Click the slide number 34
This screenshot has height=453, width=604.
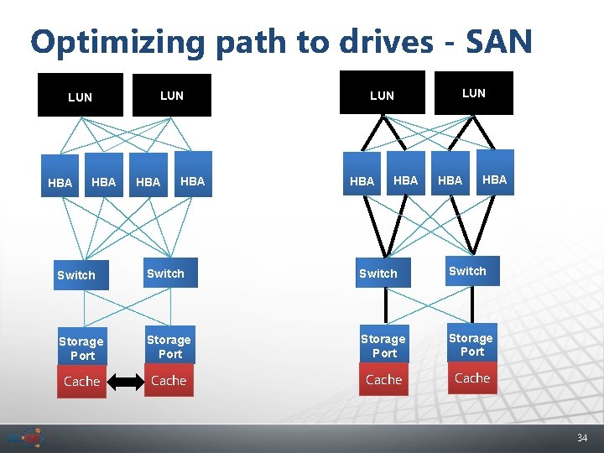[582, 438]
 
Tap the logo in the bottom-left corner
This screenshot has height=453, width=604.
[24, 438]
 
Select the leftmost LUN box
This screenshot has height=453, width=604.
[81, 96]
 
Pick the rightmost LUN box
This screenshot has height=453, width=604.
[474, 93]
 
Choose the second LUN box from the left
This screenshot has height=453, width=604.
[172, 95]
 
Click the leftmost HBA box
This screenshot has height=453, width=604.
[60, 182]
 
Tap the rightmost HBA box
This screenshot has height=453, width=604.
[494, 180]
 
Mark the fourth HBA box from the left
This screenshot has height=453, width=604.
[192, 180]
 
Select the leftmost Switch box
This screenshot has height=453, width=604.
[76, 275]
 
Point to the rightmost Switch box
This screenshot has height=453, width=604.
[467, 271]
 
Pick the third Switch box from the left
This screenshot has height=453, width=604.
[378, 273]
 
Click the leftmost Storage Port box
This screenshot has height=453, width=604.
[81, 348]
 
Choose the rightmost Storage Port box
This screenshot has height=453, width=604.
[471, 345]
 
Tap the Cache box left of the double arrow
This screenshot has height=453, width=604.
[81, 382]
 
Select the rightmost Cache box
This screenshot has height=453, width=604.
[471, 378]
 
